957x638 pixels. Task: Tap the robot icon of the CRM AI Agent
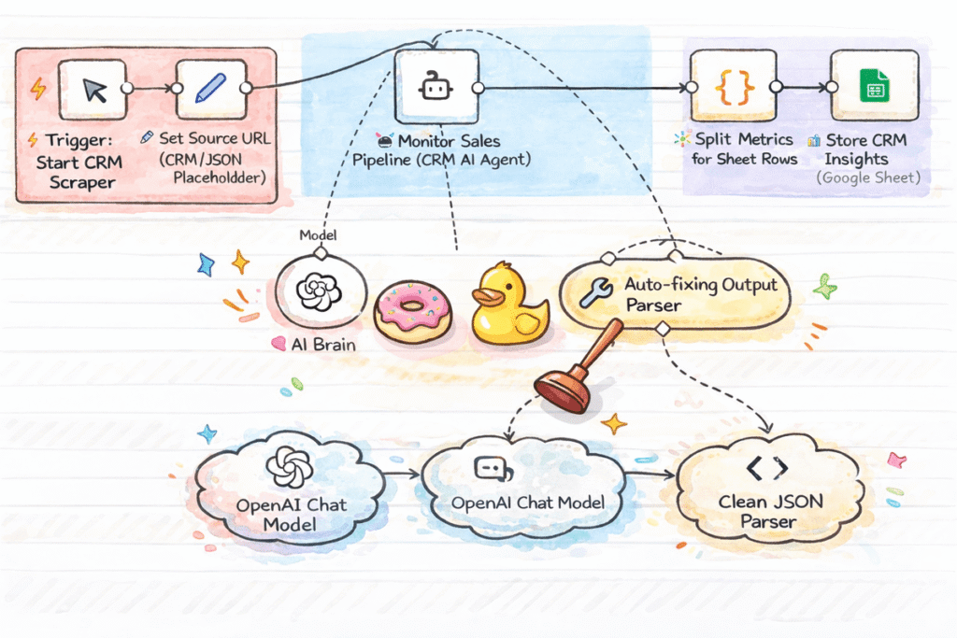pos(436,88)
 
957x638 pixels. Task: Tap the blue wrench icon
pos(595,292)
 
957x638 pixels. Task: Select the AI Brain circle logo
pos(318,291)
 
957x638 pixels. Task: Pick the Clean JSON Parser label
pos(770,511)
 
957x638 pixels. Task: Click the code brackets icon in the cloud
pos(772,467)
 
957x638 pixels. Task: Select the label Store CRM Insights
pos(864,149)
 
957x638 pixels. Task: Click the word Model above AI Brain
pos(318,236)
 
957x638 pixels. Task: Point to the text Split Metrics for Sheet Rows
pos(743,149)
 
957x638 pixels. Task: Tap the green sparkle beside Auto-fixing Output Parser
pos(825,287)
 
